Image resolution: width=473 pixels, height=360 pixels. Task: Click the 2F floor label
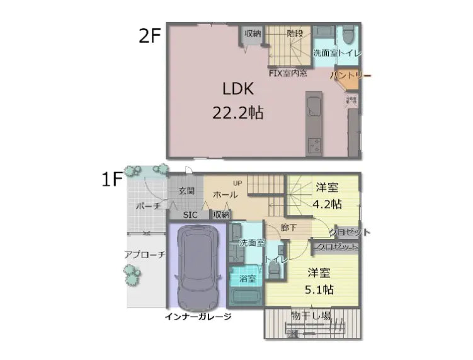tap(150, 35)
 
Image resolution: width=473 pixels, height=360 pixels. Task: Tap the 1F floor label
tap(112, 180)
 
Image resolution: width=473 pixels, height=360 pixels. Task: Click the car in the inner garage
tap(198, 265)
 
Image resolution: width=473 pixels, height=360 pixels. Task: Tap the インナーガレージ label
tap(198, 316)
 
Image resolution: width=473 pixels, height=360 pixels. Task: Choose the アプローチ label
tap(145, 255)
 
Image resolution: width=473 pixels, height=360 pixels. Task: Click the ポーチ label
tap(149, 206)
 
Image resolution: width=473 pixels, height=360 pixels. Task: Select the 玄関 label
tap(186, 190)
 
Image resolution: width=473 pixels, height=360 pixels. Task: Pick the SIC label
tap(190, 214)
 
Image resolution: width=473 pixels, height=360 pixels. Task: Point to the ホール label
tap(225, 195)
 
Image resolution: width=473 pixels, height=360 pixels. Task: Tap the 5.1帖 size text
tap(321, 289)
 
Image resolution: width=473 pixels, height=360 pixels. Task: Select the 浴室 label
tap(248, 277)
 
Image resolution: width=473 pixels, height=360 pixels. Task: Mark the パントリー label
tap(350, 76)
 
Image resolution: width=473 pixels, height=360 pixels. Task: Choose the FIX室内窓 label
tap(288, 73)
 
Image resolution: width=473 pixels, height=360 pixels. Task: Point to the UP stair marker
tap(237, 183)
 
